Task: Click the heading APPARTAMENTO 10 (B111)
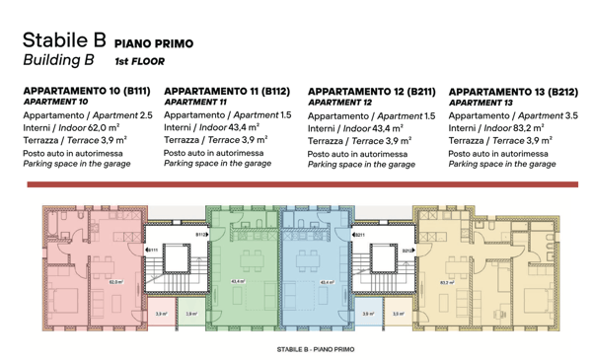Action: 87,91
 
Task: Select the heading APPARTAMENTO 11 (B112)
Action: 226,91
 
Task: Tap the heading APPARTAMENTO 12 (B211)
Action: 372,91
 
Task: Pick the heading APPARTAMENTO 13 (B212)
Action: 513,91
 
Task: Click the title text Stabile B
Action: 63,40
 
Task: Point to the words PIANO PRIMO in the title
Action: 154,43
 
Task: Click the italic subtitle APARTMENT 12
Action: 339,103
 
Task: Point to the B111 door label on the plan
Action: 153,250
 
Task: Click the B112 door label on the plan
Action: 200,235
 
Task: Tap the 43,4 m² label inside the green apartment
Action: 238,280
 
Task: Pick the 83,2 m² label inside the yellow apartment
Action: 445,281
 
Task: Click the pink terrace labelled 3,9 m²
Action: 160,314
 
